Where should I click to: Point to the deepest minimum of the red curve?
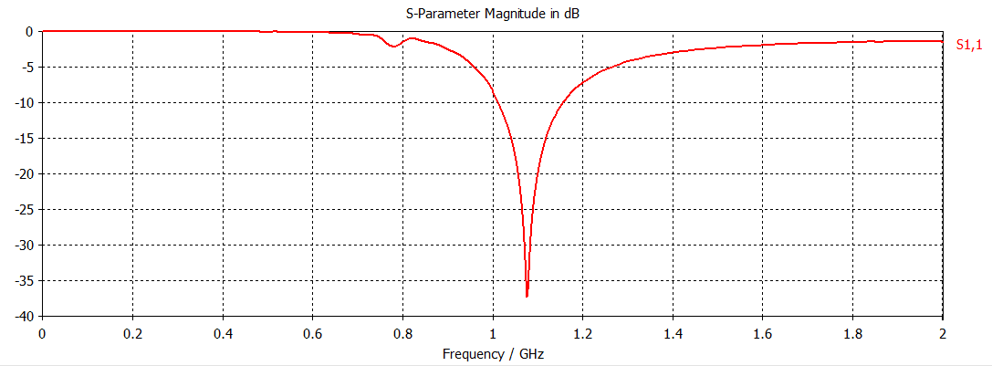(x=527, y=296)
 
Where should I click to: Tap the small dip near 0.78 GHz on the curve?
(x=394, y=46)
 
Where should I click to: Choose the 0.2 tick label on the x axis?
(x=133, y=333)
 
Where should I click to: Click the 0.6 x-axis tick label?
(x=314, y=333)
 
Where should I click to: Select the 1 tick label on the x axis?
(x=493, y=333)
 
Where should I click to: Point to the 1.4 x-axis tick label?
(x=674, y=333)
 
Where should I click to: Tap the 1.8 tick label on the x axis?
(x=853, y=333)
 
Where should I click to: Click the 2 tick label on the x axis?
(x=943, y=333)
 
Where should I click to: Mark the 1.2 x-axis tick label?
(x=583, y=333)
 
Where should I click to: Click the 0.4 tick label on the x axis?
(x=224, y=333)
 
